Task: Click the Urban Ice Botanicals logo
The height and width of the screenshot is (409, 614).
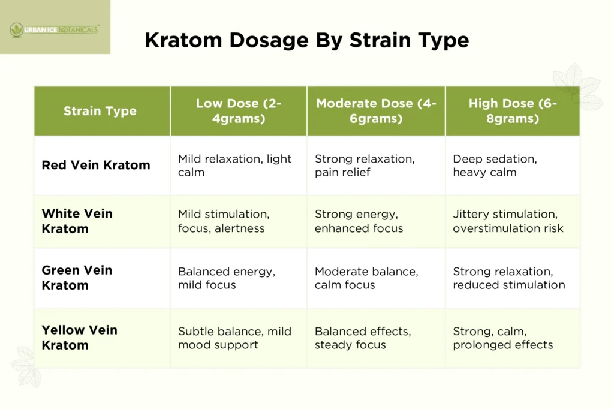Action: [x=55, y=28]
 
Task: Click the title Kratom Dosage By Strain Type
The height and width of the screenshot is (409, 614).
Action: [x=306, y=40]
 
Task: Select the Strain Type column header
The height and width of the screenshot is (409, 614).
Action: [x=100, y=111]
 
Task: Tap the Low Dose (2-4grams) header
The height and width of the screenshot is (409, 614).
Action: [x=239, y=111]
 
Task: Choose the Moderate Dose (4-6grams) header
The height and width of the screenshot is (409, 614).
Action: [x=376, y=111]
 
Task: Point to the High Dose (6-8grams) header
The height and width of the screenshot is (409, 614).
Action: [x=513, y=111]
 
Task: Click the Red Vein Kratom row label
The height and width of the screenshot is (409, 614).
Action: [x=96, y=165]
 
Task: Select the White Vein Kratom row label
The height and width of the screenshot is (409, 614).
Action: [x=77, y=221]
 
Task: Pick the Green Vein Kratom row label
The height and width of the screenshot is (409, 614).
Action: [x=77, y=278]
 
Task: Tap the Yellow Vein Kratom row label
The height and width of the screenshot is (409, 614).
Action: [x=79, y=338]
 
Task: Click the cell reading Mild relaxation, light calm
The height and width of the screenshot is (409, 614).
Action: [x=235, y=165]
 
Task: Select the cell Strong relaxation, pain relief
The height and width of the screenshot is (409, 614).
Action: [x=365, y=165]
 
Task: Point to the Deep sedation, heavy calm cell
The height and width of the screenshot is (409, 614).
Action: [x=495, y=165]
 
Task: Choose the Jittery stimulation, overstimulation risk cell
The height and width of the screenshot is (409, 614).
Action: [x=508, y=221]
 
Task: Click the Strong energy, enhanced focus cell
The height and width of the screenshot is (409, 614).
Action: [x=359, y=221]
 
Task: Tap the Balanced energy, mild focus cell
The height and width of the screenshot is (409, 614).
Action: [x=227, y=278]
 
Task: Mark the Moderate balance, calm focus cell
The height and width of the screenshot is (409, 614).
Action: [x=366, y=278]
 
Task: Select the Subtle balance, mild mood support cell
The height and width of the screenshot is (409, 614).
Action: [x=234, y=338]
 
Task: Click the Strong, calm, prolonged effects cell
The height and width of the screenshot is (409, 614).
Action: [x=502, y=338]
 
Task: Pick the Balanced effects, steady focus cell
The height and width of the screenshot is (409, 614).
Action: [x=363, y=338]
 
